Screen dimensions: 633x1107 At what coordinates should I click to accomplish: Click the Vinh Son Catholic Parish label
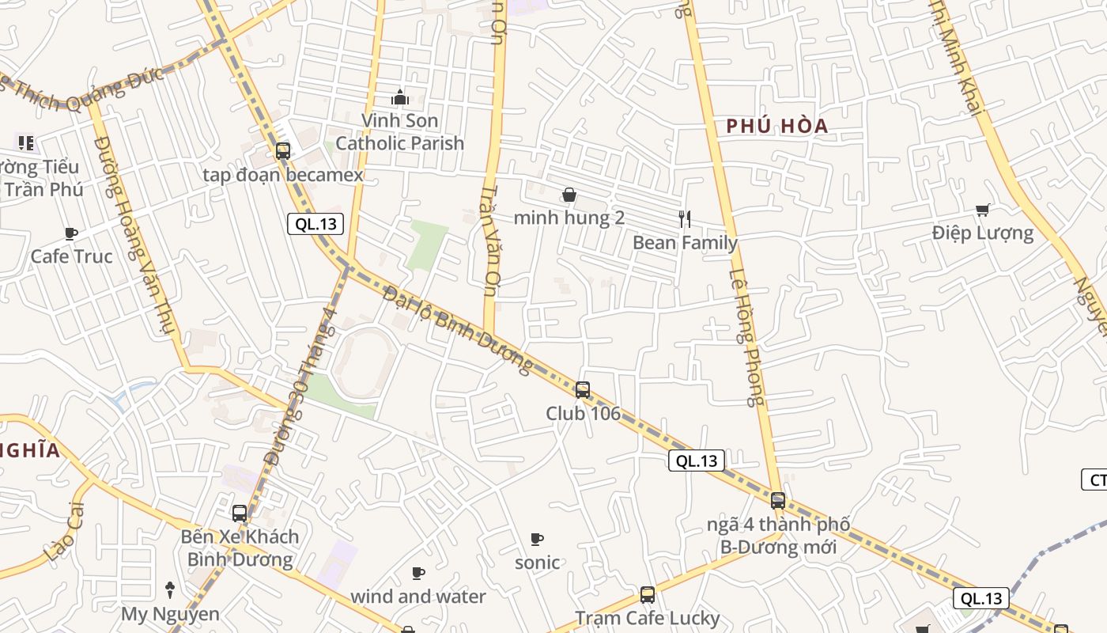click(399, 131)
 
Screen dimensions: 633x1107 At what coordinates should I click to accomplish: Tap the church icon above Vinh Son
click(400, 98)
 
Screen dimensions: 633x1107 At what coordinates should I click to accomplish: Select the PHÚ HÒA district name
click(777, 126)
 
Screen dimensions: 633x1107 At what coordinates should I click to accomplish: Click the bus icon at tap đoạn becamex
click(283, 150)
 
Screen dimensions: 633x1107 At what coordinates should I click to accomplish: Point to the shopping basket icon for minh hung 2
click(569, 195)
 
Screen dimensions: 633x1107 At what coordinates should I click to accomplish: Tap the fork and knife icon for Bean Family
click(685, 219)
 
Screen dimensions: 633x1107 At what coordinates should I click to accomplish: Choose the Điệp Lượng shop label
click(982, 233)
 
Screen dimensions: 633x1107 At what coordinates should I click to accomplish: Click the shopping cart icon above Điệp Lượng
click(982, 210)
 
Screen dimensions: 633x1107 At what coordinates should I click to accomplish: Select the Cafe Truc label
click(71, 256)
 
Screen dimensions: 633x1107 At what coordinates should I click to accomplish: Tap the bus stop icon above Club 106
click(583, 389)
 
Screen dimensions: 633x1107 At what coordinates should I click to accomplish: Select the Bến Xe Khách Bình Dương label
click(240, 548)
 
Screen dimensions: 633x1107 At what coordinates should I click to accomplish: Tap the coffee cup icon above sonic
click(537, 540)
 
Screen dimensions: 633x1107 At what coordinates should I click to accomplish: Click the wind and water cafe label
click(417, 596)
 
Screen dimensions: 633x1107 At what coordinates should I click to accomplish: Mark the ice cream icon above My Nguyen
click(169, 589)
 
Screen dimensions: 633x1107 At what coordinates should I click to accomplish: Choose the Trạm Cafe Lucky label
click(647, 618)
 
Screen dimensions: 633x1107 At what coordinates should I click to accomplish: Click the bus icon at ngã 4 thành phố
click(778, 500)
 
